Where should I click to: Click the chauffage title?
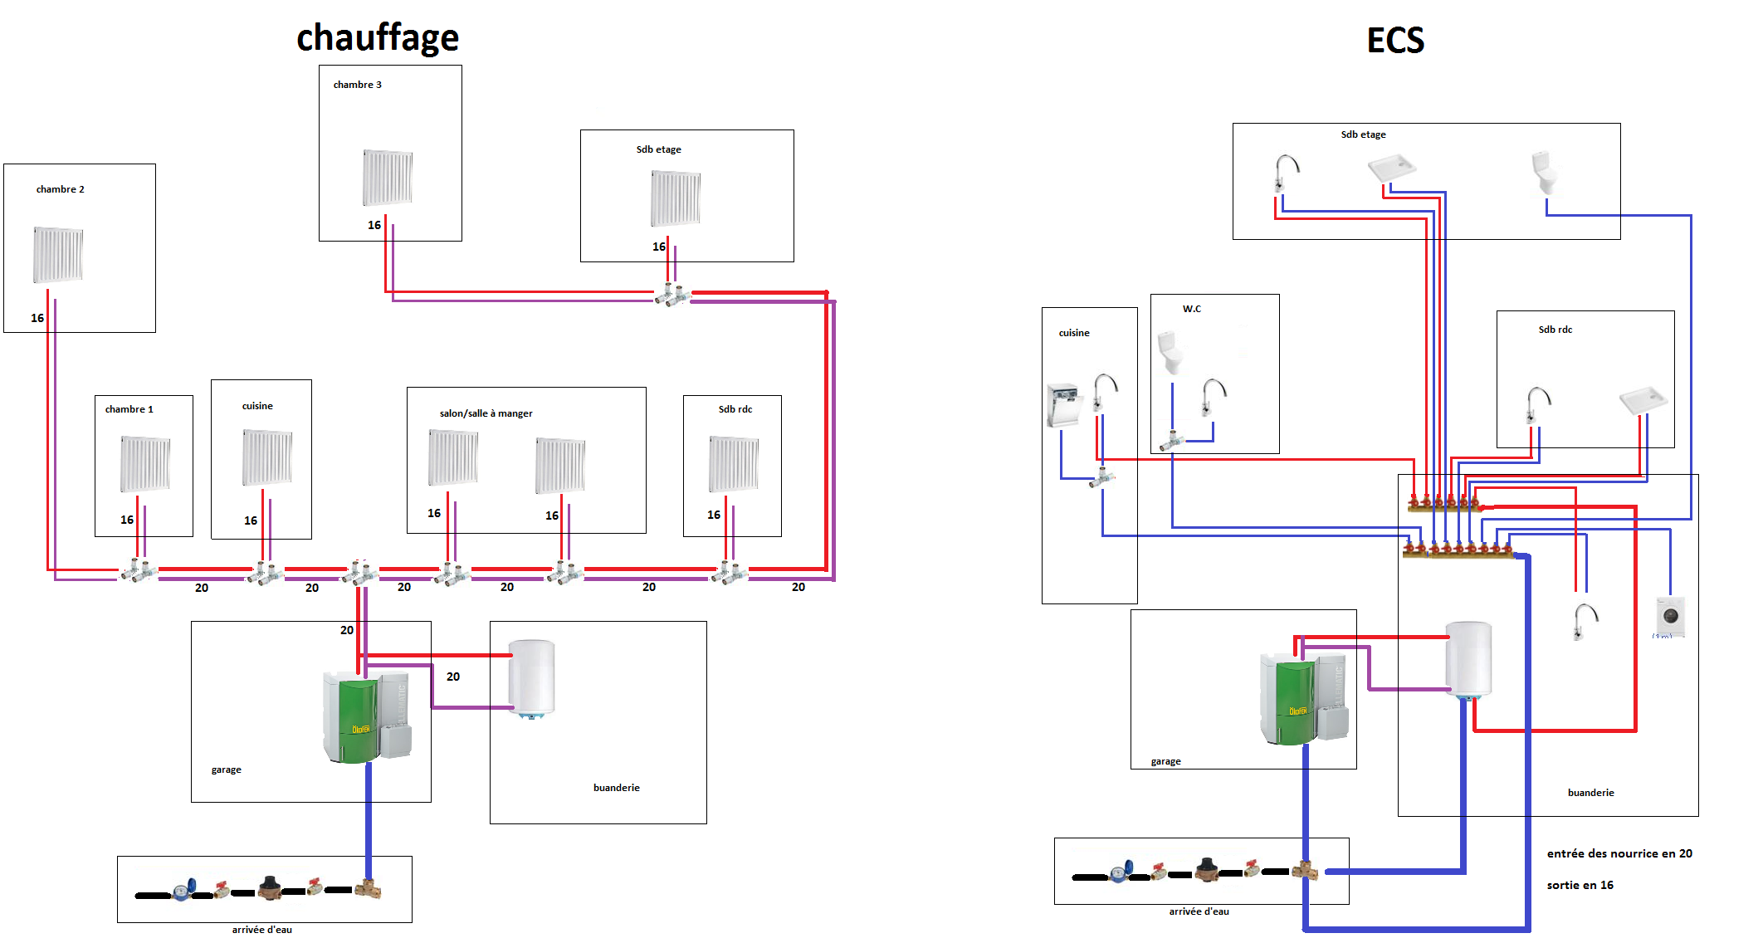378,38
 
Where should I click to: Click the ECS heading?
1395,40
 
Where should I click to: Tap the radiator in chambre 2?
58,255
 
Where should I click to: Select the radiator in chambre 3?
388,178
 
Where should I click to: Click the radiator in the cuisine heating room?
267,457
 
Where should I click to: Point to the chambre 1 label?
129,409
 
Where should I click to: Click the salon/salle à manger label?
486,413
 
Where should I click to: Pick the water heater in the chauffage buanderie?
531,678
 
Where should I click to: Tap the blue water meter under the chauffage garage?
183,890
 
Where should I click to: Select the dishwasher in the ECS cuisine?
1063,405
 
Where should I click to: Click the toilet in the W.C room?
1170,352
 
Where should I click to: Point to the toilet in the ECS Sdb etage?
1544,173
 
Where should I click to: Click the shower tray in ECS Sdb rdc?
1643,400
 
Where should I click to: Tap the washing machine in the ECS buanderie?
1671,617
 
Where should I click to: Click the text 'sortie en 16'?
1580,885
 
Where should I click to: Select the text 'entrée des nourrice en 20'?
1619,853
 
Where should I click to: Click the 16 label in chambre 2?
37,318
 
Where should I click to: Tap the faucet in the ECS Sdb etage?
1285,173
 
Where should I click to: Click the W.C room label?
1191,309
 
